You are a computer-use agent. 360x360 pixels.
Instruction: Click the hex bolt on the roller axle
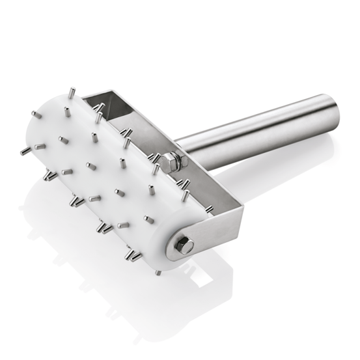pos(184,245)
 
